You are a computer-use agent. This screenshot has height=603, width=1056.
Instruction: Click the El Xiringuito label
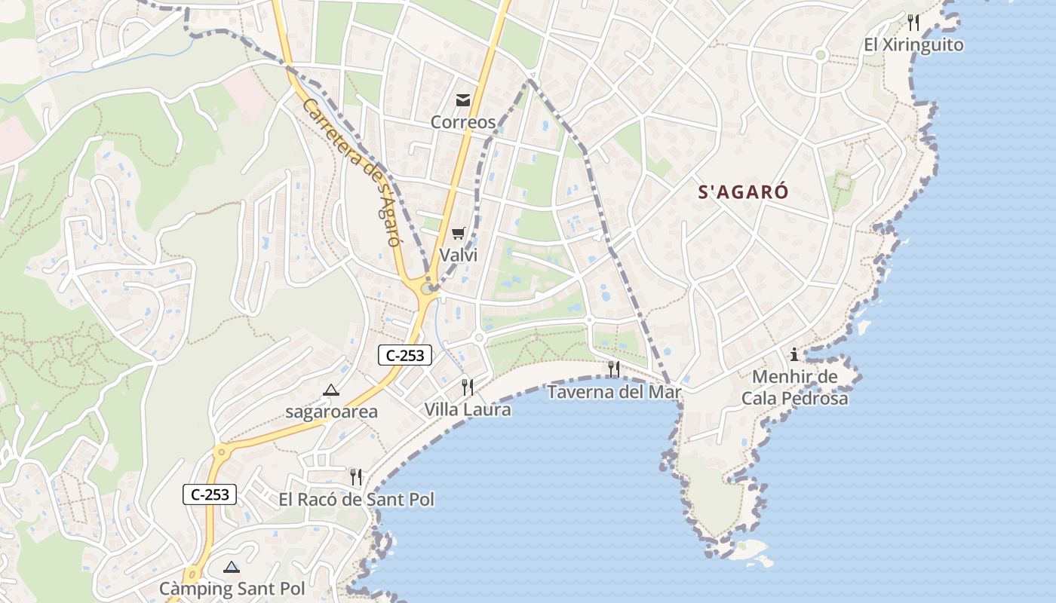pos(913,45)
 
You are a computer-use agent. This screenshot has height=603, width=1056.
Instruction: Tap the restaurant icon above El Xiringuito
pos(913,22)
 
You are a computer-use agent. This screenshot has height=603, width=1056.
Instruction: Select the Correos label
pos(463,122)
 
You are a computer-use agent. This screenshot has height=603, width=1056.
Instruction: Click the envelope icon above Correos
pos(463,99)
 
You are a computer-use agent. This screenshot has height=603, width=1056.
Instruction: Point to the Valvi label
pos(459,255)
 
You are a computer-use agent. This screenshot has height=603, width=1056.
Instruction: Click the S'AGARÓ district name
pos(744,192)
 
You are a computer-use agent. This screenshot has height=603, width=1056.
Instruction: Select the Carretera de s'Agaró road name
pos(351,173)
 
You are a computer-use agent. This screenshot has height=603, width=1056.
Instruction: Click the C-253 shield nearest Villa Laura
pos(405,355)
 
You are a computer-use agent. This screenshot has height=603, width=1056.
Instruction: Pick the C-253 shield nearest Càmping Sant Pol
pos(210,494)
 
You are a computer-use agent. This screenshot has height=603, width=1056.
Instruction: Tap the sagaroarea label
pos(331,412)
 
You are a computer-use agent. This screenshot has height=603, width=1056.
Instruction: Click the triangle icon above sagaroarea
pos(330,390)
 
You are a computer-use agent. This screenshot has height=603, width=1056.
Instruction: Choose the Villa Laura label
pos(467,410)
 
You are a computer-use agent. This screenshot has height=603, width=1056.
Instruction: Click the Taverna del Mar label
pos(614,392)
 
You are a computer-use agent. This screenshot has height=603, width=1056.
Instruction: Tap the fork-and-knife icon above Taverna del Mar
pos(614,369)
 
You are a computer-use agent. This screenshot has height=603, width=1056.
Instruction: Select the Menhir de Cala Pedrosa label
pos(794,387)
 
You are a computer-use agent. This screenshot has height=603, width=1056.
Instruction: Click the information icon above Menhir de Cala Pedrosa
pos(794,354)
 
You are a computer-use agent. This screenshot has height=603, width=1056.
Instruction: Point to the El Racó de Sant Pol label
pos(356,499)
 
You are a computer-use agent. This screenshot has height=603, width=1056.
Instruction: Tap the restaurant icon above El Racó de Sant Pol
pos(356,476)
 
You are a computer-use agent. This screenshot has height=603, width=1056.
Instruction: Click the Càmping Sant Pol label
pos(232,589)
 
